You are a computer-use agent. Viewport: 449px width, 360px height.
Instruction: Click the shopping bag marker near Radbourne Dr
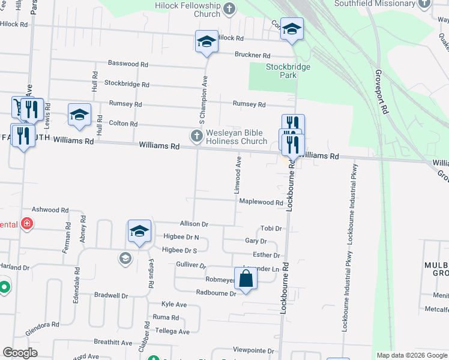point(246,279)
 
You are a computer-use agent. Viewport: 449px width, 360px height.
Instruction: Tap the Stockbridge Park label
point(289,71)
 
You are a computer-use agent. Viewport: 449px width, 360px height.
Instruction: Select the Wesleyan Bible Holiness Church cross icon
point(196,136)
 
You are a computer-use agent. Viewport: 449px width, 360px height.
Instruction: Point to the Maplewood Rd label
point(261,203)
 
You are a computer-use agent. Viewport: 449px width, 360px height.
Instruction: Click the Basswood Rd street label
point(128,64)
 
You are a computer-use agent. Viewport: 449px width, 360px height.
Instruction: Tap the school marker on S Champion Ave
point(206,42)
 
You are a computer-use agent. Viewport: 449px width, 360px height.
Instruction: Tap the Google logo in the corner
point(20,353)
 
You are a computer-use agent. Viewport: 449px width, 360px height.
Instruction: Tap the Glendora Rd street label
point(42,328)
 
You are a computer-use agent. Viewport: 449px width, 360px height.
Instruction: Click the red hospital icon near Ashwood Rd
point(26,224)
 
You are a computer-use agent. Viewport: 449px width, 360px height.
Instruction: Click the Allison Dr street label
point(193,224)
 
